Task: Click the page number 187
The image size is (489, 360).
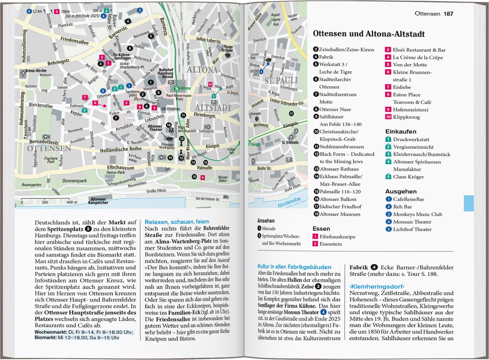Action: (x=448, y=14)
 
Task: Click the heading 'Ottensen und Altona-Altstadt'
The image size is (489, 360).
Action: (x=369, y=34)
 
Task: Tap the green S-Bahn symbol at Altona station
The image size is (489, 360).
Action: (x=177, y=88)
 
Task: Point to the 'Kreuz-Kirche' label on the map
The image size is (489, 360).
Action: (x=36, y=70)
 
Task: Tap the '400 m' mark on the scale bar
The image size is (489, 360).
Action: (x=72, y=202)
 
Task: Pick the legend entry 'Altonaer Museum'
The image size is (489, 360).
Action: (x=340, y=214)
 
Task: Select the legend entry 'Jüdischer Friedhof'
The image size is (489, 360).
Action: (x=341, y=207)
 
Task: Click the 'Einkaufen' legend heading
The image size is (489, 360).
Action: (x=401, y=132)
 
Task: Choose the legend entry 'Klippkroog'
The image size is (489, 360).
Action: (x=406, y=117)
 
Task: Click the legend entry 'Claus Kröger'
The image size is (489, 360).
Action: (x=408, y=177)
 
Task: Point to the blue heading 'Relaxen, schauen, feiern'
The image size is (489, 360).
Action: (x=177, y=222)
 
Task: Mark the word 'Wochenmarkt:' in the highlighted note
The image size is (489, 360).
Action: (x=50, y=332)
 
